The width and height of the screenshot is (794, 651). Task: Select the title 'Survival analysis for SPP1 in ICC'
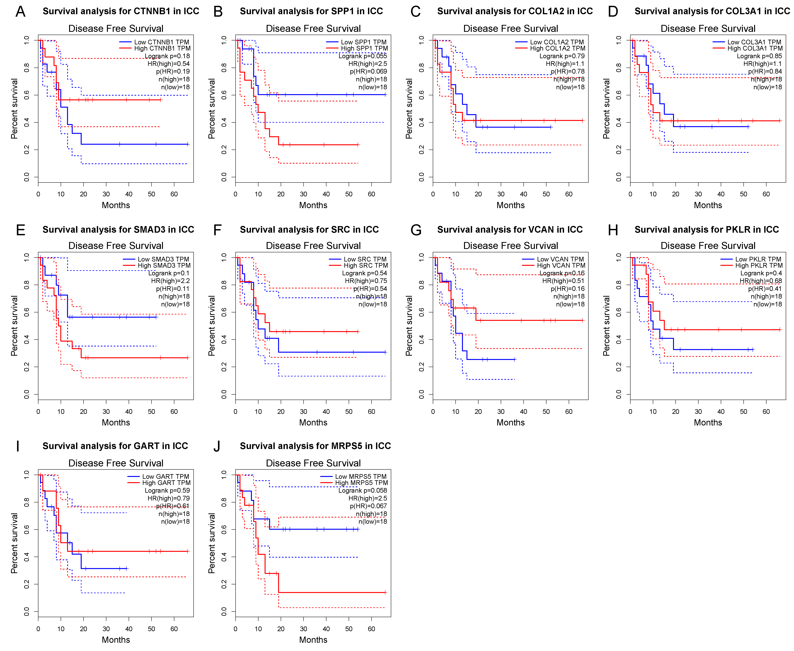pos(311,11)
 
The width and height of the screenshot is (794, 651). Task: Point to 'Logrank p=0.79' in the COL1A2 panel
pos(562,56)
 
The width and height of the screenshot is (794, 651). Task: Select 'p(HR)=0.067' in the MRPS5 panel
pos(369,506)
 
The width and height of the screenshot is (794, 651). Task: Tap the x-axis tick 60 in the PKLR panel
pos(766,411)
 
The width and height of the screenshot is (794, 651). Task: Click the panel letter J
pos(217,446)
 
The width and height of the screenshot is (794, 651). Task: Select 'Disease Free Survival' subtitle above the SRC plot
pos(313,246)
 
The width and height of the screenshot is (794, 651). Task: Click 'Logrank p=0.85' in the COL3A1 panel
pos(760,56)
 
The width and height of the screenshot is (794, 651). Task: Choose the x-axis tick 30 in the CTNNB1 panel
pos(106,194)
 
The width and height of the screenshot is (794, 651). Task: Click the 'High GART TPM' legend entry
pos(166,483)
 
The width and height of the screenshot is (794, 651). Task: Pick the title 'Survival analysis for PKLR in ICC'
pos(707,229)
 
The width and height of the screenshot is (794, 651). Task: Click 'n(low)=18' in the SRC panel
pos(373,304)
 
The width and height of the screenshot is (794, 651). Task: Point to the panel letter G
pos(416,229)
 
